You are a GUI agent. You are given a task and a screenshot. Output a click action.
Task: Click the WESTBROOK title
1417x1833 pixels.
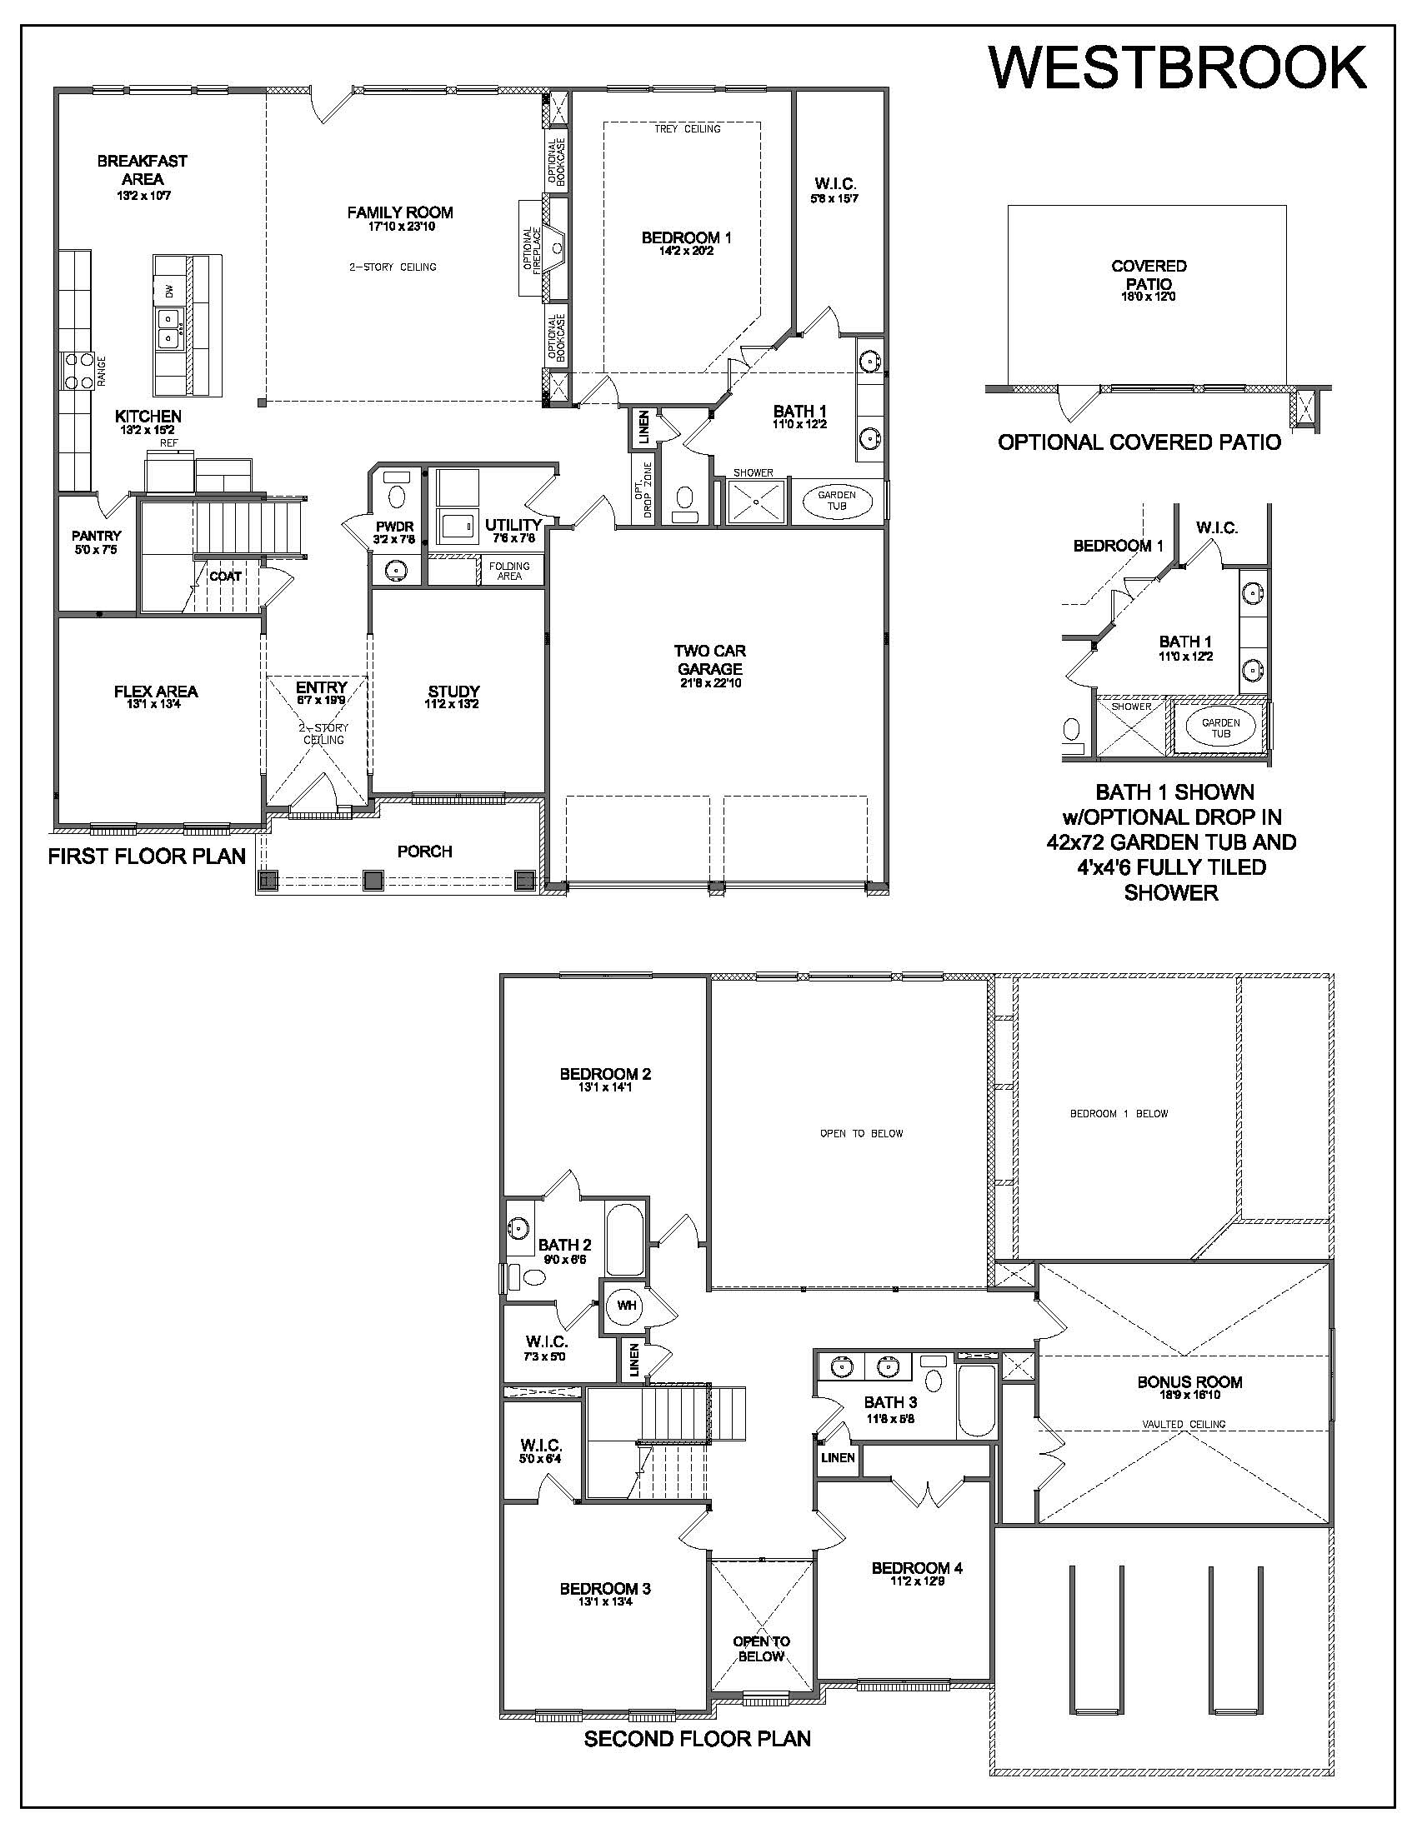tap(1178, 67)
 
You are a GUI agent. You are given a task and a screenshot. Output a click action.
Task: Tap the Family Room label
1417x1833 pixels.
tap(400, 212)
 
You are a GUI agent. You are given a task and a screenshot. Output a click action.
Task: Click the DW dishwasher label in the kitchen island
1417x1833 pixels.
tap(169, 292)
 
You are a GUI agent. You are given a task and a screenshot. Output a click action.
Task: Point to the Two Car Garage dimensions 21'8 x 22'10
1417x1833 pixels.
tap(710, 683)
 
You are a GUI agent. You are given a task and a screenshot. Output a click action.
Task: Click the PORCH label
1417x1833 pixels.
tap(425, 851)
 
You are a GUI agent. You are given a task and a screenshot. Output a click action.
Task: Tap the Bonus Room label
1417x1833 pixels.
tap(1189, 1381)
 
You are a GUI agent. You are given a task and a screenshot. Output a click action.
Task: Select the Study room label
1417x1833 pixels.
tap(453, 692)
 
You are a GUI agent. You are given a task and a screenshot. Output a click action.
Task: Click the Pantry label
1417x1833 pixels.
tap(97, 535)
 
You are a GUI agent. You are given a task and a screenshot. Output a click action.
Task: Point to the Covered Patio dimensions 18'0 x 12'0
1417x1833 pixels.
tap(1149, 297)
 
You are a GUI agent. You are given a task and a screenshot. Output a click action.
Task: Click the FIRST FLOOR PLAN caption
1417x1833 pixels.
tap(147, 856)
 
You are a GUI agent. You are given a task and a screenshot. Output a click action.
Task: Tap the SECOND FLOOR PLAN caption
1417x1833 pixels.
tap(698, 1738)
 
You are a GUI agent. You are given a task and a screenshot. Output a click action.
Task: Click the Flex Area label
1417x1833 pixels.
tap(156, 692)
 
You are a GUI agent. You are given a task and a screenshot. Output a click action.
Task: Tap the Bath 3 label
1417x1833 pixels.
tap(891, 1401)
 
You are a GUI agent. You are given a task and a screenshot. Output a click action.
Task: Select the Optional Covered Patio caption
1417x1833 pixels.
tap(1139, 442)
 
